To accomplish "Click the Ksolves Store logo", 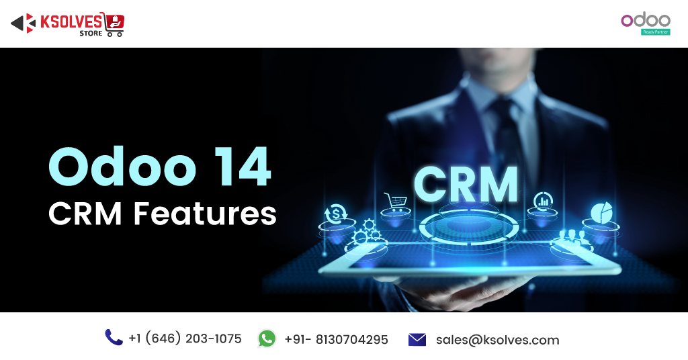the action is click(68, 24).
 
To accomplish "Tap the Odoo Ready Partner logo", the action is click(646, 25).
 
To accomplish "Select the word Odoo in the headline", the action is click(122, 167).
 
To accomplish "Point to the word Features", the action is click(205, 214).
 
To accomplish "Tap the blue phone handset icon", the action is click(114, 338).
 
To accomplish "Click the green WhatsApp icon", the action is click(267, 339).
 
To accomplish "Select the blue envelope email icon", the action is click(417, 339).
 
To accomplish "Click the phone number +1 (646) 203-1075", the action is click(185, 339).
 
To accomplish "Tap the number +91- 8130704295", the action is click(336, 339).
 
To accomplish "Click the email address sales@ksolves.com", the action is click(498, 340).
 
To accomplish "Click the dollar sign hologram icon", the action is click(336, 214).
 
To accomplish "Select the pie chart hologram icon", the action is click(601, 213).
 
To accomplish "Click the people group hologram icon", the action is click(572, 237).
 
